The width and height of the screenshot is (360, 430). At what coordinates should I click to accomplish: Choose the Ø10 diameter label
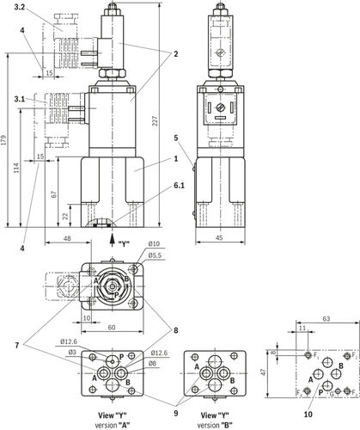pyautogui.click(x=152, y=244)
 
